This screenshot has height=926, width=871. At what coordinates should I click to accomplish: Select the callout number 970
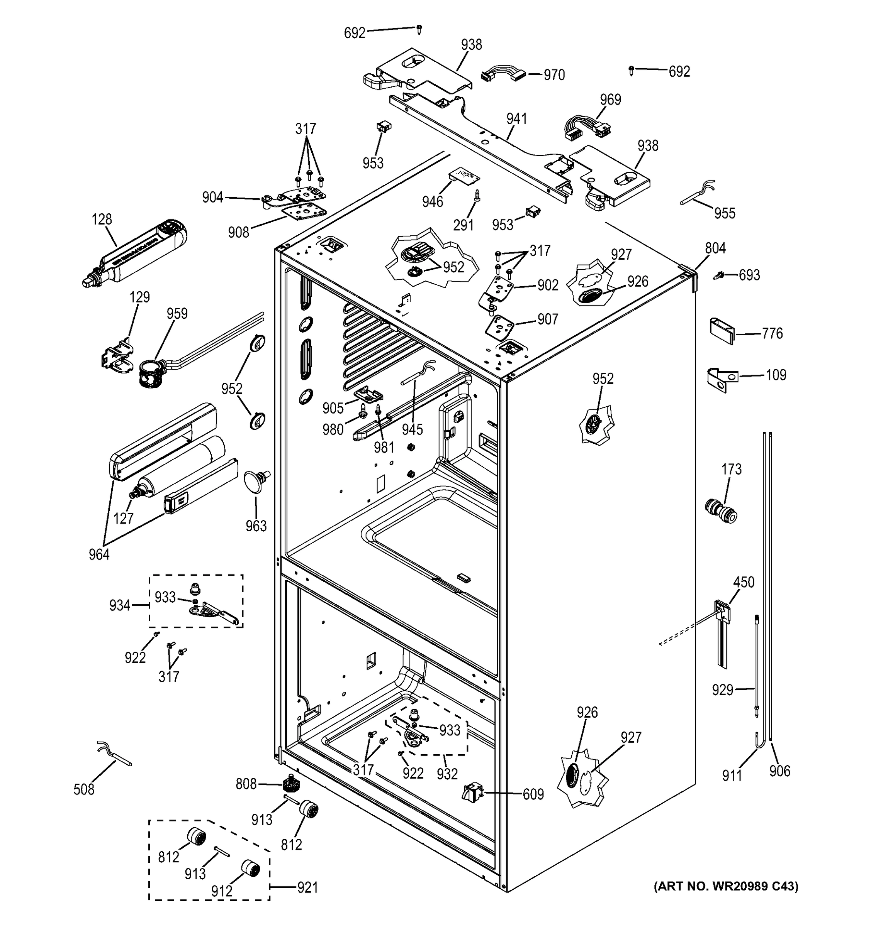(554, 75)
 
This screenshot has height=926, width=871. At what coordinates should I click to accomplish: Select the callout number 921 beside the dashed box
(307, 888)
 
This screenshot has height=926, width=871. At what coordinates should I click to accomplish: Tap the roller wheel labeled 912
(251, 868)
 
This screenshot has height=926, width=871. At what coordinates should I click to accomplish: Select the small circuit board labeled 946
(464, 177)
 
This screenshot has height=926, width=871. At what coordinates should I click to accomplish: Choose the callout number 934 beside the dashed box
(119, 605)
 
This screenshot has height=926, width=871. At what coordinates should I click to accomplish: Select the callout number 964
(99, 554)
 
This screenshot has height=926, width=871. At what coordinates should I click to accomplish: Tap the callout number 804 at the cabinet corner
(715, 248)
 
